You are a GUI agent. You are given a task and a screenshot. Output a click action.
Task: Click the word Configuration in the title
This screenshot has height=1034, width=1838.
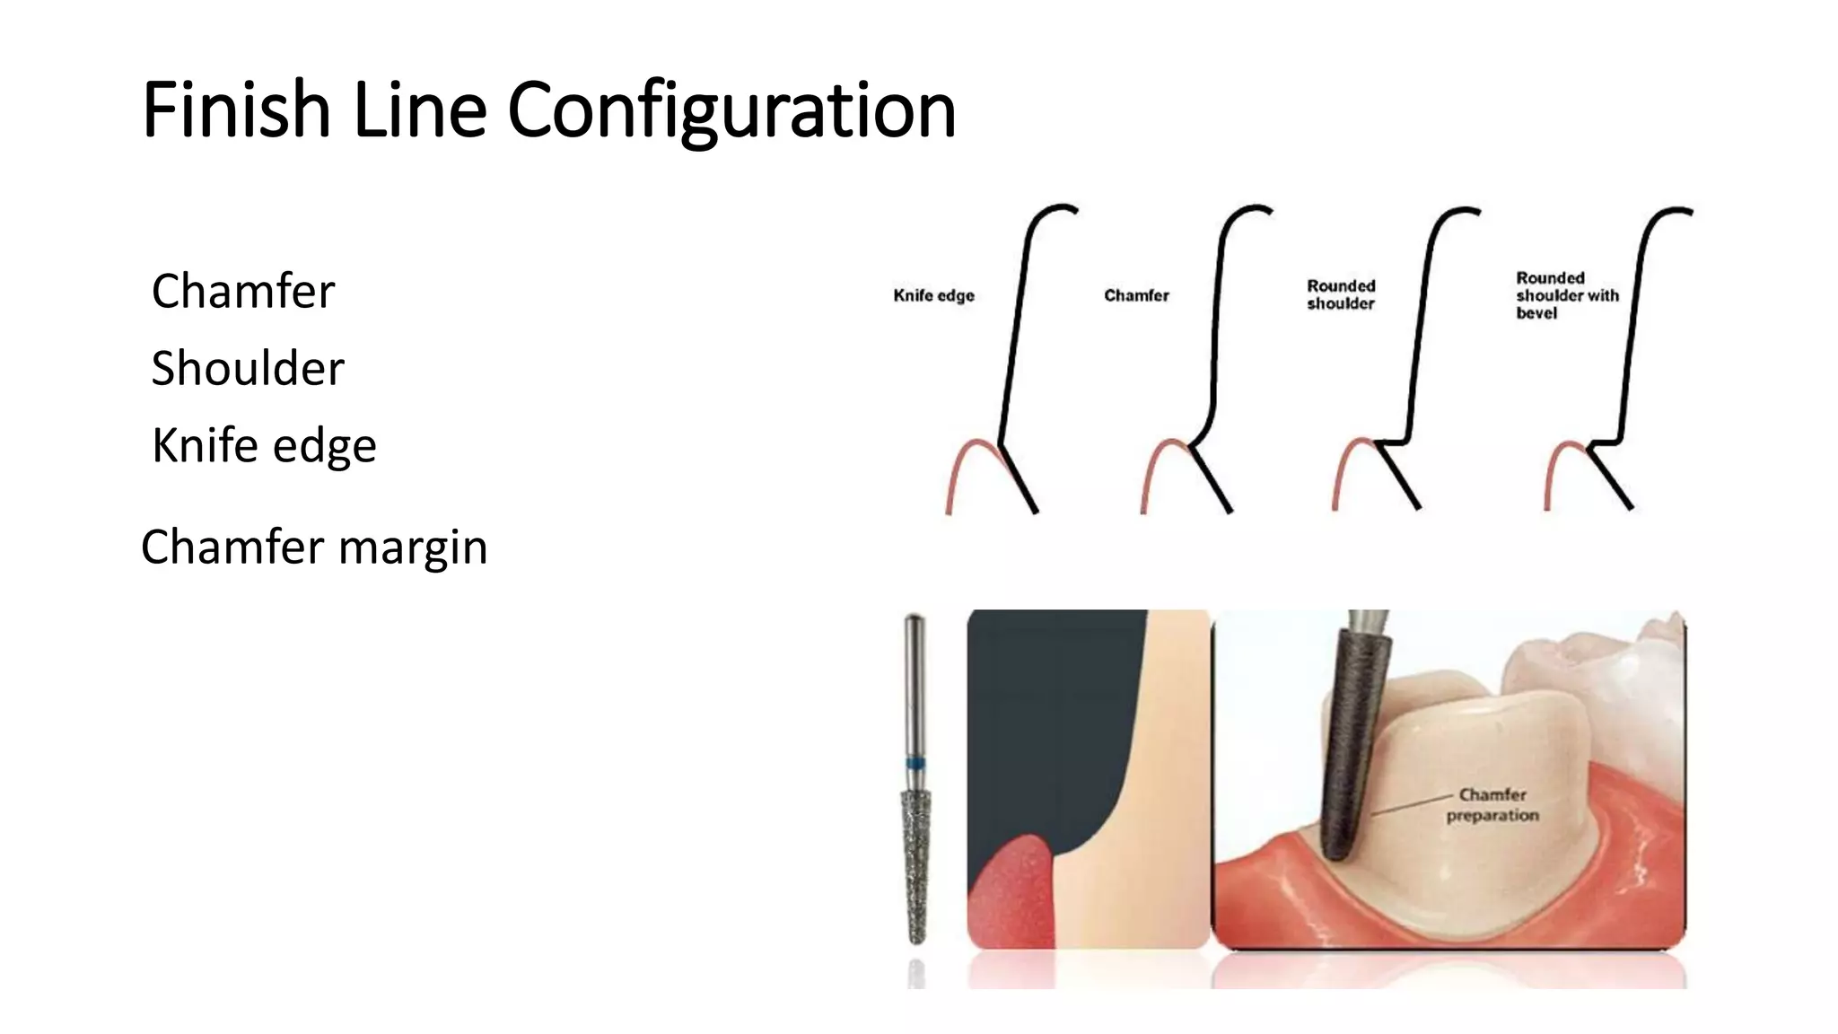[731, 110]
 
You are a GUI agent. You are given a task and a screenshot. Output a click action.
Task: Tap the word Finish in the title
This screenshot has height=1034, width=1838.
[236, 110]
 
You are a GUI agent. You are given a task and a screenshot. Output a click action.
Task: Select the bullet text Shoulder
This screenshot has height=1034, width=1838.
[248, 368]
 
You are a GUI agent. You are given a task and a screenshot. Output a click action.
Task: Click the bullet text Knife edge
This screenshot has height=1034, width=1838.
[264, 446]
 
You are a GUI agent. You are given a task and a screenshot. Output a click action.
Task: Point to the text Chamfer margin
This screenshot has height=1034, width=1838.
[314, 548]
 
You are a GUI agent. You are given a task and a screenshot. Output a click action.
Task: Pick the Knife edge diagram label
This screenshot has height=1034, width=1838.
[933, 295]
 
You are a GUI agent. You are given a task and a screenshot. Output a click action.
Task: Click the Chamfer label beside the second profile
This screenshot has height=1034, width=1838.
[1136, 295]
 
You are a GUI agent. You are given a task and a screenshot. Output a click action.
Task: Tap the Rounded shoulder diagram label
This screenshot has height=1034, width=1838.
[1341, 294]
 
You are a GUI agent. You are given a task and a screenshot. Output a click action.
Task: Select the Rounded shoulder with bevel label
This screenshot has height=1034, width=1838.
[1567, 295]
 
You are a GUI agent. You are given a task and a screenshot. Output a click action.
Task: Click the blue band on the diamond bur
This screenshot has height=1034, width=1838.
[915, 764]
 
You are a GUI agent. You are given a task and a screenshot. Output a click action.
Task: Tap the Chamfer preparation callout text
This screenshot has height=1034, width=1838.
[1492, 805]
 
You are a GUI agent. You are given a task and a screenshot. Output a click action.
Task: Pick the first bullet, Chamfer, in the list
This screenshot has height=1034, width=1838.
[243, 291]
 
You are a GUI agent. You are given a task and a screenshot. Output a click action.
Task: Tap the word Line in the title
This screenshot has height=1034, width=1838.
[419, 110]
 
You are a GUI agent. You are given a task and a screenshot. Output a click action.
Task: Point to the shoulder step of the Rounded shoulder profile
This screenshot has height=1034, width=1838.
[1394, 442]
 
